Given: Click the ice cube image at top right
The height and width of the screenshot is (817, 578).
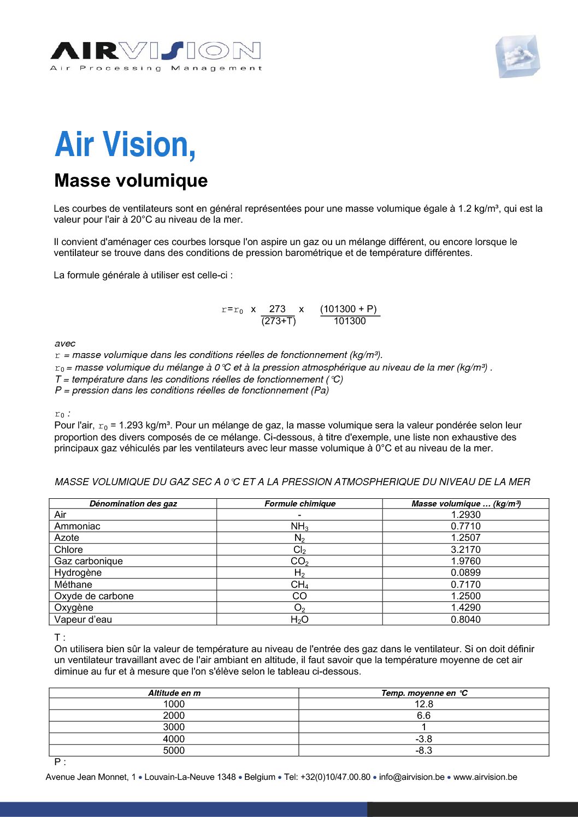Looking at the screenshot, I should [x=517, y=57].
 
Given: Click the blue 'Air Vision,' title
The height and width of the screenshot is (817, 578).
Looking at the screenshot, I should [x=125, y=145].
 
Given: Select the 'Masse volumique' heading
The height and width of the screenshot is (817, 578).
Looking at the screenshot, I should [x=131, y=181].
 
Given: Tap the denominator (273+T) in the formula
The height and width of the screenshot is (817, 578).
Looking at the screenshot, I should [x=278, y=321].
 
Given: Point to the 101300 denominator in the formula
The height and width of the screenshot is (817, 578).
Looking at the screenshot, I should [x=349, y=321].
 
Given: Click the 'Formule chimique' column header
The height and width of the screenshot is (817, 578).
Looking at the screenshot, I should [x=300, y=504].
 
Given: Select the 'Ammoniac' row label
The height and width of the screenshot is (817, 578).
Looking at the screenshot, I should [x=77, y=526].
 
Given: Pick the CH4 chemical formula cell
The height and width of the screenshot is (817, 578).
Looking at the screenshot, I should [x=299, y=585].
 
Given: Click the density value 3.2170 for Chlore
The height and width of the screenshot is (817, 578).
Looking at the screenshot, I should [x=465, y=550].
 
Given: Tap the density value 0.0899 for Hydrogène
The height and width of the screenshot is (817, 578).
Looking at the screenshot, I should [x=465, y=573].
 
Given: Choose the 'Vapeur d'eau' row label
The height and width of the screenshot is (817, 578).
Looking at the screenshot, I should [x=83, y=619].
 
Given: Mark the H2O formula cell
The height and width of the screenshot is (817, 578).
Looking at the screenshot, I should [x=299, y=619].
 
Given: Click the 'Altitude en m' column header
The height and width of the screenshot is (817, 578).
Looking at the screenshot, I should [x=174, y=693].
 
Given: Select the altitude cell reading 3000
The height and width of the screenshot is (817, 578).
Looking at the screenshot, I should [x=174, y=727].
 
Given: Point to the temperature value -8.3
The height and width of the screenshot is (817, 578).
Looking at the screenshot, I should [x=423, y=750].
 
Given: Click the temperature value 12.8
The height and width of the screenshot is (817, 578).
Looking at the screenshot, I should [x=423, y=704].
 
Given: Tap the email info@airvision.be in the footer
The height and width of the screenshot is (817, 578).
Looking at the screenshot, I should [x=411, y=777].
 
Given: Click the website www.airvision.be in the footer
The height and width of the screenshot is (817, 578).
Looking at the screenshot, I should [x=485, y=777].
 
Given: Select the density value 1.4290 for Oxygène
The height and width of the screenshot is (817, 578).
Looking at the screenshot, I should [x=465, y=607].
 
